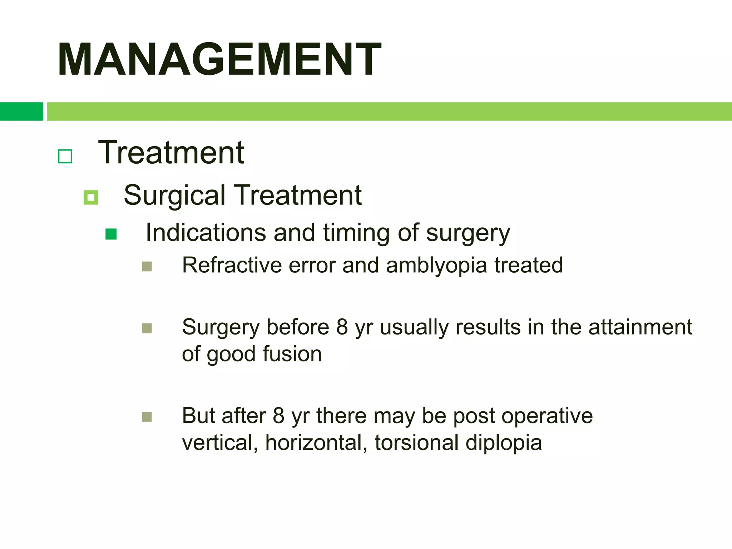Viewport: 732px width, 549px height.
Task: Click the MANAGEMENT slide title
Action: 219,59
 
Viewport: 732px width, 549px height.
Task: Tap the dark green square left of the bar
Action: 21,112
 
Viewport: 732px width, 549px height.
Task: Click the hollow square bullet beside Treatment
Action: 65,156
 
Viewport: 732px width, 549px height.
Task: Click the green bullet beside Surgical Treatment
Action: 91,197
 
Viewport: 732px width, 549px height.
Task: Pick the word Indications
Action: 206,233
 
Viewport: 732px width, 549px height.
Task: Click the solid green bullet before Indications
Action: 111,234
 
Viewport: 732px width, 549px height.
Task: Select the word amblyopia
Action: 436,266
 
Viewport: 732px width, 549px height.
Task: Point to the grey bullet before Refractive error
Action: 147,267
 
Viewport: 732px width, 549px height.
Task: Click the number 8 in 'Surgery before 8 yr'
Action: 342,327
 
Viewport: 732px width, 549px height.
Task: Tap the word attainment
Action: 640,327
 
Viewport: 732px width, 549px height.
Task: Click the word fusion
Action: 292,354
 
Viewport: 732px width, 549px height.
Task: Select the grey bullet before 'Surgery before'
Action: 147,328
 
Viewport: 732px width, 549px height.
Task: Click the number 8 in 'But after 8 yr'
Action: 279,416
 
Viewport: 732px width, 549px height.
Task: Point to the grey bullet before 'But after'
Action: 147,417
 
